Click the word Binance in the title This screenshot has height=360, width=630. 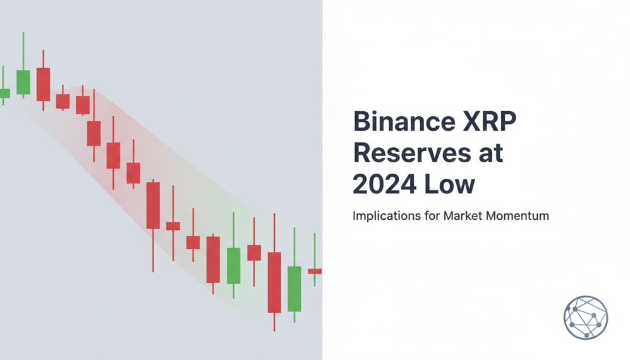point(396,123)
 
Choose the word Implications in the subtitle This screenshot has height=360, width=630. point(382,216)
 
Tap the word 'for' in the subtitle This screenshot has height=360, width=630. point(429,216)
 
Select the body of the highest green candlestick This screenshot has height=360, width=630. point(23,82)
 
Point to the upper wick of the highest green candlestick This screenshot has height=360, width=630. point(23,51)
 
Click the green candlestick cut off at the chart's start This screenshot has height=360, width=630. point(4,93)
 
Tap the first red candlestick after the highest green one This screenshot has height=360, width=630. point(43,84)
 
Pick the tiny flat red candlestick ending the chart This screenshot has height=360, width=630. point(315,271)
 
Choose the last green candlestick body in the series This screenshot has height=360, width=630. point(294,289)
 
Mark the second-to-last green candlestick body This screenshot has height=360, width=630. point(234,265)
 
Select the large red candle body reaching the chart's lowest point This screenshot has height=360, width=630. point(274,282)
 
